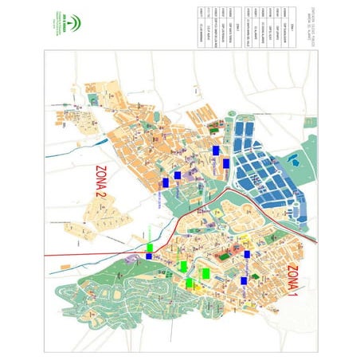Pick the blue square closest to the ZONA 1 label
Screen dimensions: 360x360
(x=243, y=280)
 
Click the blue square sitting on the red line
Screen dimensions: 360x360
(x=149, y=256)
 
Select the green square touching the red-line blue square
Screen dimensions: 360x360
(x=150, y=248)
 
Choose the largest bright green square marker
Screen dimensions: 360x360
(x=205, y=273)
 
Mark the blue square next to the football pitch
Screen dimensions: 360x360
(x=247, y=254)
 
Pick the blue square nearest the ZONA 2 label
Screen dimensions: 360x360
(x=165, y=182)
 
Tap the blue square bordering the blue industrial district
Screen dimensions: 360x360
(x=226, y=163)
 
